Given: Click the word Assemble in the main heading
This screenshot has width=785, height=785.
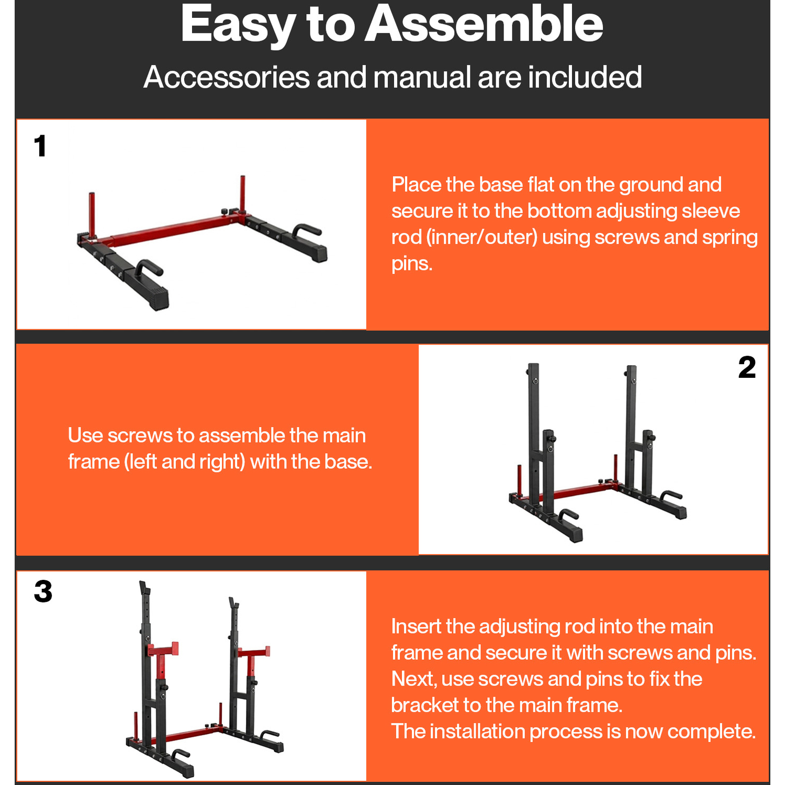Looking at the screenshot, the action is point(484,24).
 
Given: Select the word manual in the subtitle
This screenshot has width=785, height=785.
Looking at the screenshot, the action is point(422,77).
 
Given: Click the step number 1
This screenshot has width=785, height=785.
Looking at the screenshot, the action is point(40,146).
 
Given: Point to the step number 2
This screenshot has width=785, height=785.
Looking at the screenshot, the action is point(747,367).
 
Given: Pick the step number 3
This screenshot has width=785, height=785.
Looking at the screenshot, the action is point(43,592).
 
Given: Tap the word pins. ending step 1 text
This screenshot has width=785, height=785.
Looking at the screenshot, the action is point(412,264).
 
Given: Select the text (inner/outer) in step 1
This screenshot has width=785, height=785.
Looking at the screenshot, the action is point(481,238).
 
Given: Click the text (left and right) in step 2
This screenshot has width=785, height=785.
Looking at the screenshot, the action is point(185,462).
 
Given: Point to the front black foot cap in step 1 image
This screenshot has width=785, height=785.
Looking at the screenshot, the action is point(157,298).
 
